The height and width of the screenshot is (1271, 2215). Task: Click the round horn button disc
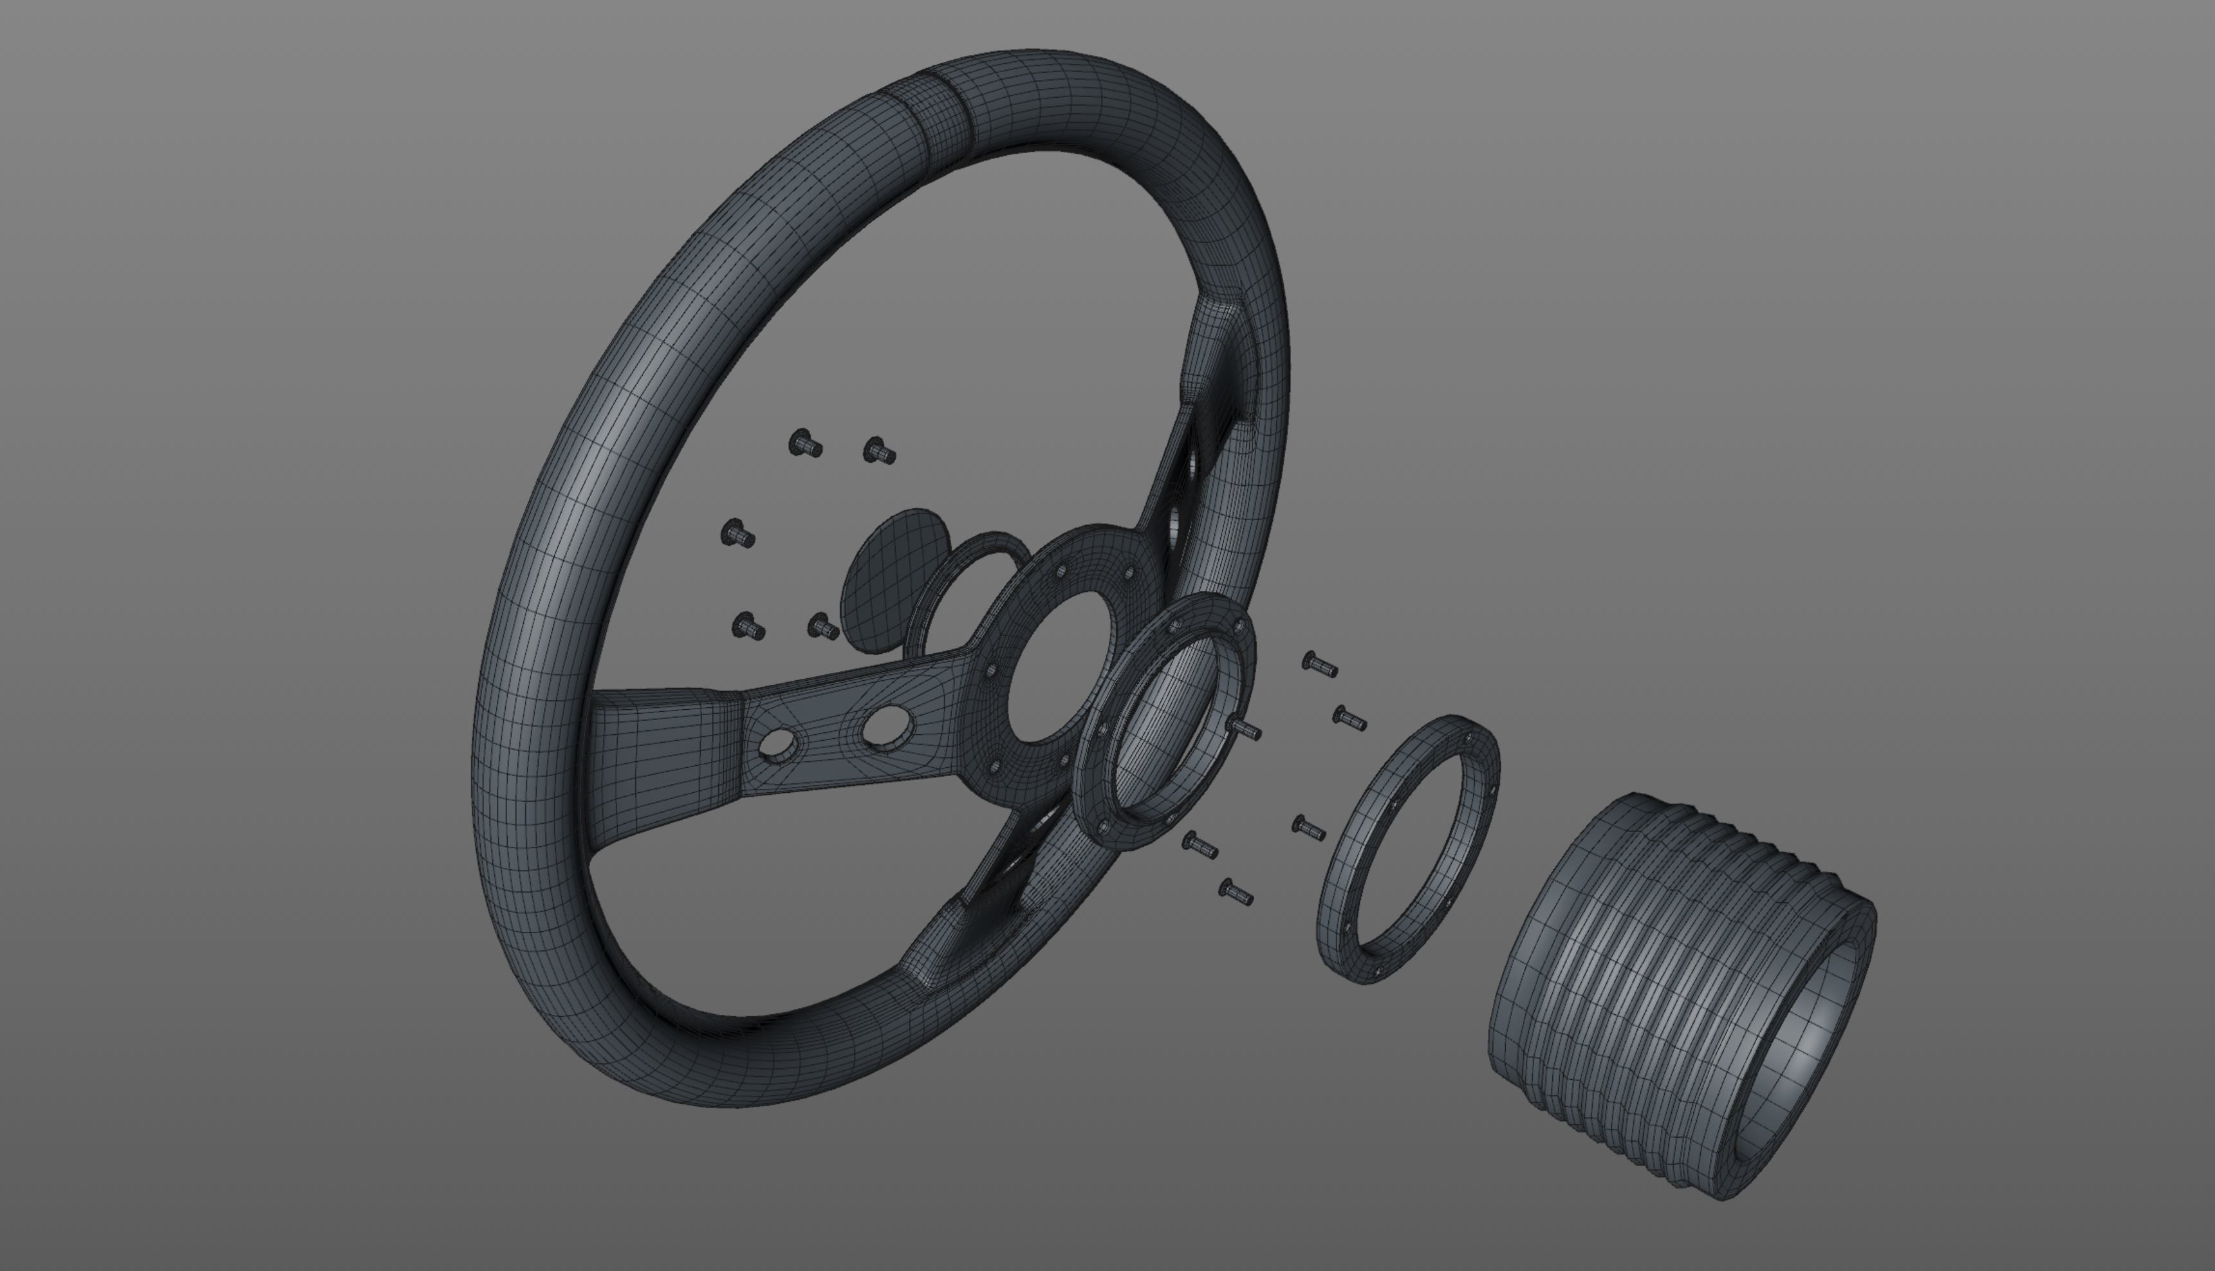click(886, 576)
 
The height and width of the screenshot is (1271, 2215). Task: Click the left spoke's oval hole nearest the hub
click(884, 724)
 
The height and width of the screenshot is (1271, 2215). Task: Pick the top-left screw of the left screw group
click(804, 443)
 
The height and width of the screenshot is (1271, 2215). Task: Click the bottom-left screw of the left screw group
click(748, 626)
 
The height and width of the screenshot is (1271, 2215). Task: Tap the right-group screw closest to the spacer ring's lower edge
click(1308, 827)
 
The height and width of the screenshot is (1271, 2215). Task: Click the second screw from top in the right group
click(1349, 718)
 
